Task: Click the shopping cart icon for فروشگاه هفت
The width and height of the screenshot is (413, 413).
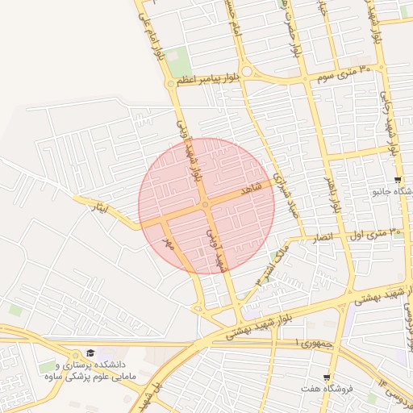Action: (326, 378)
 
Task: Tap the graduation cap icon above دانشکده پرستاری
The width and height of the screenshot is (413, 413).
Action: (90, 353)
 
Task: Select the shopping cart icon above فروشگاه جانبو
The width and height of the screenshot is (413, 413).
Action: (397, 180)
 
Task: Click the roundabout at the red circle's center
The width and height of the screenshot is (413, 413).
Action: (206, 205)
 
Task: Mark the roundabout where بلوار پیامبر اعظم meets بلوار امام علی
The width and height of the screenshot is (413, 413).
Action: (169, 83)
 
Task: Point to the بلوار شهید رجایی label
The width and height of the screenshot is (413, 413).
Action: (392, 129)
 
